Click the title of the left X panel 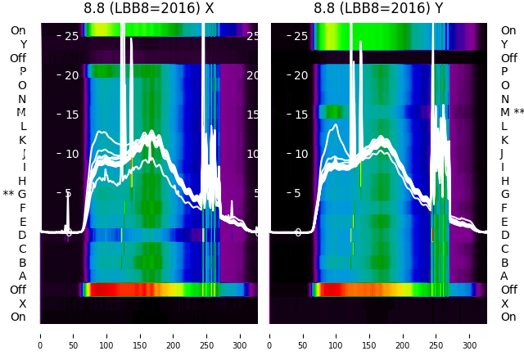149,8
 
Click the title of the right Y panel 378,8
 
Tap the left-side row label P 22,71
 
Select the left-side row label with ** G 16,194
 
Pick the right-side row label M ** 513,112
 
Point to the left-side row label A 22,276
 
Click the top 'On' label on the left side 18,30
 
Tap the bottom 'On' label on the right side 508,317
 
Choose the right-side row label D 504,235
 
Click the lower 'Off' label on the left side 18,290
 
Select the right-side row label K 504,140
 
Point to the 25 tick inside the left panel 71,36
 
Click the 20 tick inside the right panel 300,75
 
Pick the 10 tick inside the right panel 300,154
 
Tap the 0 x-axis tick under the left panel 40,335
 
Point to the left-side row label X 22,304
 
